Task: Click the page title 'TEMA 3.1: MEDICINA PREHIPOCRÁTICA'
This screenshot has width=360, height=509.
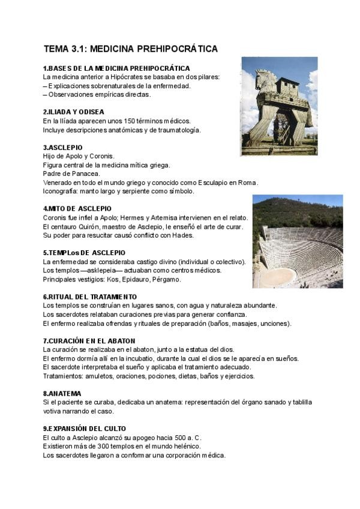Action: pyautogui.click(x=130, y=49)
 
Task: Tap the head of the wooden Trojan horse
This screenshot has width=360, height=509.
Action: pyautogui.click(x=263, y=79)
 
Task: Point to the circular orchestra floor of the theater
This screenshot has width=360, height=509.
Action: pyautogui.click(x=279, y=276)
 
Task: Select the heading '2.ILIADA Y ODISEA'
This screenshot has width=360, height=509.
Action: pyautogui.click(x=74, y=112)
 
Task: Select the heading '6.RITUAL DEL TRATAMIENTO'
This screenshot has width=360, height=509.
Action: pyautogui.click(x=90, y=297)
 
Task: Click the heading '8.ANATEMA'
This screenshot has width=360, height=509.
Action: pyautogui.click(x=62, y=393)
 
